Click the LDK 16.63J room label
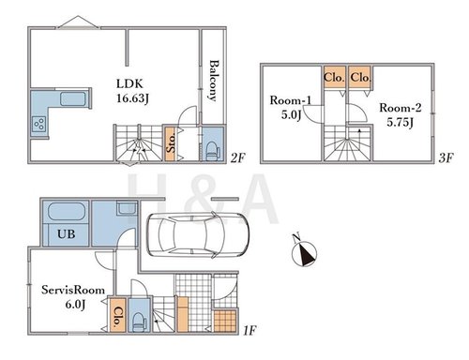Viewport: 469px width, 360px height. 132,91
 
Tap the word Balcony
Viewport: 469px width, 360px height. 214,81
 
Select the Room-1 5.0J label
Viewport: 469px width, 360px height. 291,108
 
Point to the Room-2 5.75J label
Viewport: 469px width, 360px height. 401,114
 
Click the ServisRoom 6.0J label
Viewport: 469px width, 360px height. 73,297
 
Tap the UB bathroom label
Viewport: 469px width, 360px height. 67,234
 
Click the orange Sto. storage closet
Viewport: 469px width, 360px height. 170,143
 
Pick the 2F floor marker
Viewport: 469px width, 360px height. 238,158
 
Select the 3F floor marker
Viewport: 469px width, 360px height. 446,158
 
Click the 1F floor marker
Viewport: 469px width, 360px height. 250,330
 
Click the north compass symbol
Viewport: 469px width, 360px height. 304,252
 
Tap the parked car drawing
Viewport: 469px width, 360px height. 198,235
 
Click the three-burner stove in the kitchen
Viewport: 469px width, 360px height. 39,124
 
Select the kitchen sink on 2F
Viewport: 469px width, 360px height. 73,98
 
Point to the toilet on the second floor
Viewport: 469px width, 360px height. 212,151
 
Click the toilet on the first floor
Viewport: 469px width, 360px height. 139,322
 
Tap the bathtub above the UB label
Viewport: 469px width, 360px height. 67,212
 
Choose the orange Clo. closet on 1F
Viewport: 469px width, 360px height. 118,315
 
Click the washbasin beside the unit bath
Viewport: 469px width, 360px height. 127,208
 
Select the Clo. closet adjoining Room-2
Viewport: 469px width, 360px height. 360,77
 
